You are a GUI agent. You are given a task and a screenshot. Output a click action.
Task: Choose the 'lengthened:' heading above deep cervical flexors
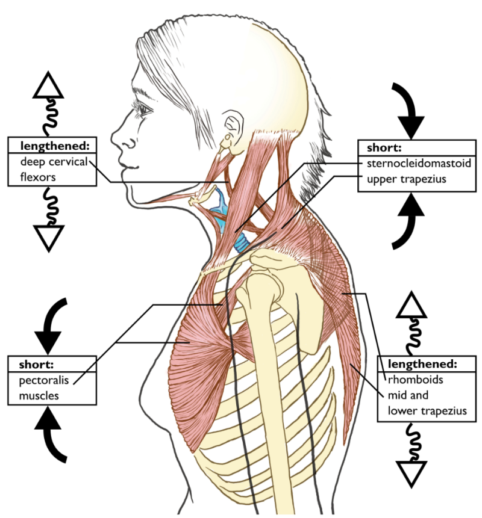tap(52, 145)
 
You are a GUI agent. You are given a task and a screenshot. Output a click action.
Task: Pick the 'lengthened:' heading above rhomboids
tap(423, 364)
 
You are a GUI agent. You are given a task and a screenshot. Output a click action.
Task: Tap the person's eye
tap(145, 109)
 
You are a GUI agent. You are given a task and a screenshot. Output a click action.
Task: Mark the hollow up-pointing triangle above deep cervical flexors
tap(48, 87)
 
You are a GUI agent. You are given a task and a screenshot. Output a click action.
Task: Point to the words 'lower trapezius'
tap(428, 412)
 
